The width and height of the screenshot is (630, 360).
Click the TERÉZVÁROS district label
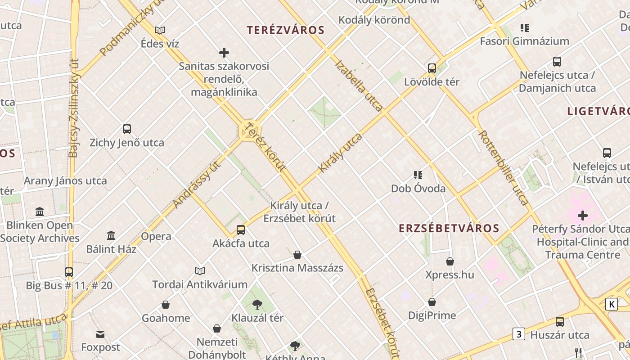(x=285, y=30)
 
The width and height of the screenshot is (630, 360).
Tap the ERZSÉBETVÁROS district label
(x=449, y=228)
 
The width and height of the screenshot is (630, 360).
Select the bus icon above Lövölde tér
(x=432, y=68)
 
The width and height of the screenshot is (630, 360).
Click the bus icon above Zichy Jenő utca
(x=127, y=129)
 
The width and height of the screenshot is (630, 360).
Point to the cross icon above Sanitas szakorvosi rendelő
(x=224, y=53)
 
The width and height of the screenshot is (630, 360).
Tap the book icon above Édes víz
(x=160, y=30)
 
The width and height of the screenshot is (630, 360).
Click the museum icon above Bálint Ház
(x=111, y=235)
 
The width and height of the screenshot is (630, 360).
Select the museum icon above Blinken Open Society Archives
(x=40, y=211)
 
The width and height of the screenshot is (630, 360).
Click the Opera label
(x=156, y=236)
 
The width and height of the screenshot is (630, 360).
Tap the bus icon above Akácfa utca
(x=241, y=230)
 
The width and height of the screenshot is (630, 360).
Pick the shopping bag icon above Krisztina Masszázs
(x=297, y=255)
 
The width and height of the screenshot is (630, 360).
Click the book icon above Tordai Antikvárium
(x=200, y=271)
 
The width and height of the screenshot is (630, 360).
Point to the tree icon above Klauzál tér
(x=257, y=305)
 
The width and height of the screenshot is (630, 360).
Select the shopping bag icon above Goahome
(x=166, y=305)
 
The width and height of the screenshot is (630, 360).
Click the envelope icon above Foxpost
(x=100, y=334)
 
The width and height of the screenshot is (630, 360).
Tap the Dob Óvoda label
(x=418, y=188)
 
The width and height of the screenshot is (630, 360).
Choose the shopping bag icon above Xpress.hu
(x=450, y=261)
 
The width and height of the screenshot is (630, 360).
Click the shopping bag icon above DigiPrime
(x=432, y=301)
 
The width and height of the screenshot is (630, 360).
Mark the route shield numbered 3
(x=519, y=334)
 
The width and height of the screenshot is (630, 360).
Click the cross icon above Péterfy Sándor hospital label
(x=583, y=216)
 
